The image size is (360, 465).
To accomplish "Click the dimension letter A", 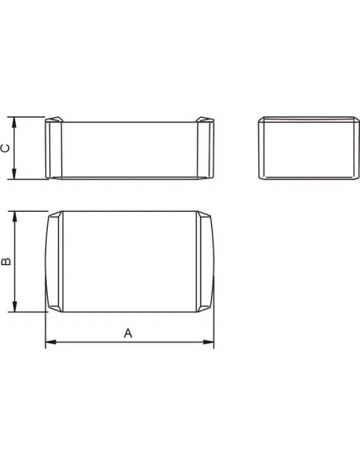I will [127, 333].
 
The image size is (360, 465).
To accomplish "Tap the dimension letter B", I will [6, 262].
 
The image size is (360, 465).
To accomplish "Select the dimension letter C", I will [6, 149].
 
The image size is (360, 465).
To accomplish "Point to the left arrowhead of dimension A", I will [48, 343].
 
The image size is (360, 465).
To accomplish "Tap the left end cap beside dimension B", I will [53, 262].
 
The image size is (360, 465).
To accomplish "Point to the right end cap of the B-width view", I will [205, 262].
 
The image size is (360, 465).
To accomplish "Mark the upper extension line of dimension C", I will [30, 118].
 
